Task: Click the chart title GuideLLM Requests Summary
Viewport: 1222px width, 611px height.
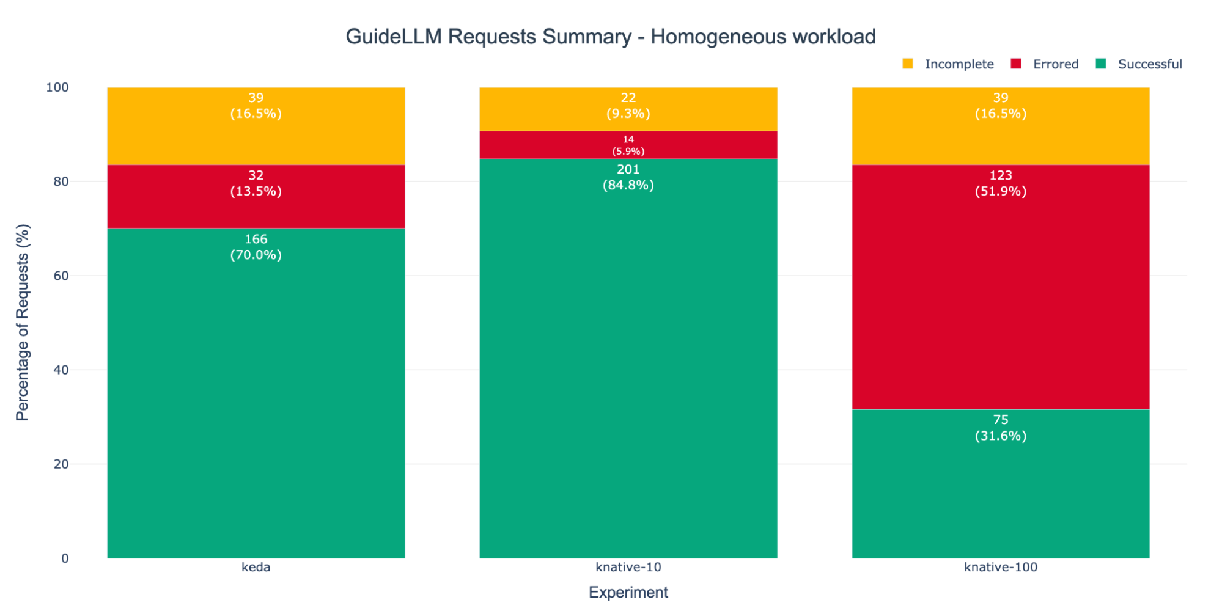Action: [610, 37]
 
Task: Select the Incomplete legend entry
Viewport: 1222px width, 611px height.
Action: [958, 64]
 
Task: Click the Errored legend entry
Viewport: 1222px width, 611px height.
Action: [1055, 64]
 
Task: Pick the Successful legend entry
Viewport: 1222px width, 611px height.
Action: [1149, 64]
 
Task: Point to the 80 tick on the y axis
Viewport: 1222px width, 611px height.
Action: [61, 181]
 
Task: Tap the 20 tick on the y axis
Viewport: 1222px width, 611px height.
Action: [61, 464]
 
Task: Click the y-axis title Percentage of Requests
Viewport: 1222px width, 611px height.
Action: [23, 322]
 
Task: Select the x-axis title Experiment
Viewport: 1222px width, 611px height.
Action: [628, 592]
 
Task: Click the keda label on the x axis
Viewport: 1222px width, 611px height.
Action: [256, 567]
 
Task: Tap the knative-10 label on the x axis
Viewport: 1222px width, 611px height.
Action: [628, 567]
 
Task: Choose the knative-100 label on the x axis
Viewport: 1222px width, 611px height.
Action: [1000, 567]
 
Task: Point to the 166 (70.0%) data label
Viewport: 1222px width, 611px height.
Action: [256, 247]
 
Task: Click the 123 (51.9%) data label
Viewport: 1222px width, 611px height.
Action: [1000, 183]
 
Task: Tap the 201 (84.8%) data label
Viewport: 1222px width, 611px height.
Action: [628, 177]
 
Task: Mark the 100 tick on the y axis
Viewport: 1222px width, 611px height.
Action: [57, 87]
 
